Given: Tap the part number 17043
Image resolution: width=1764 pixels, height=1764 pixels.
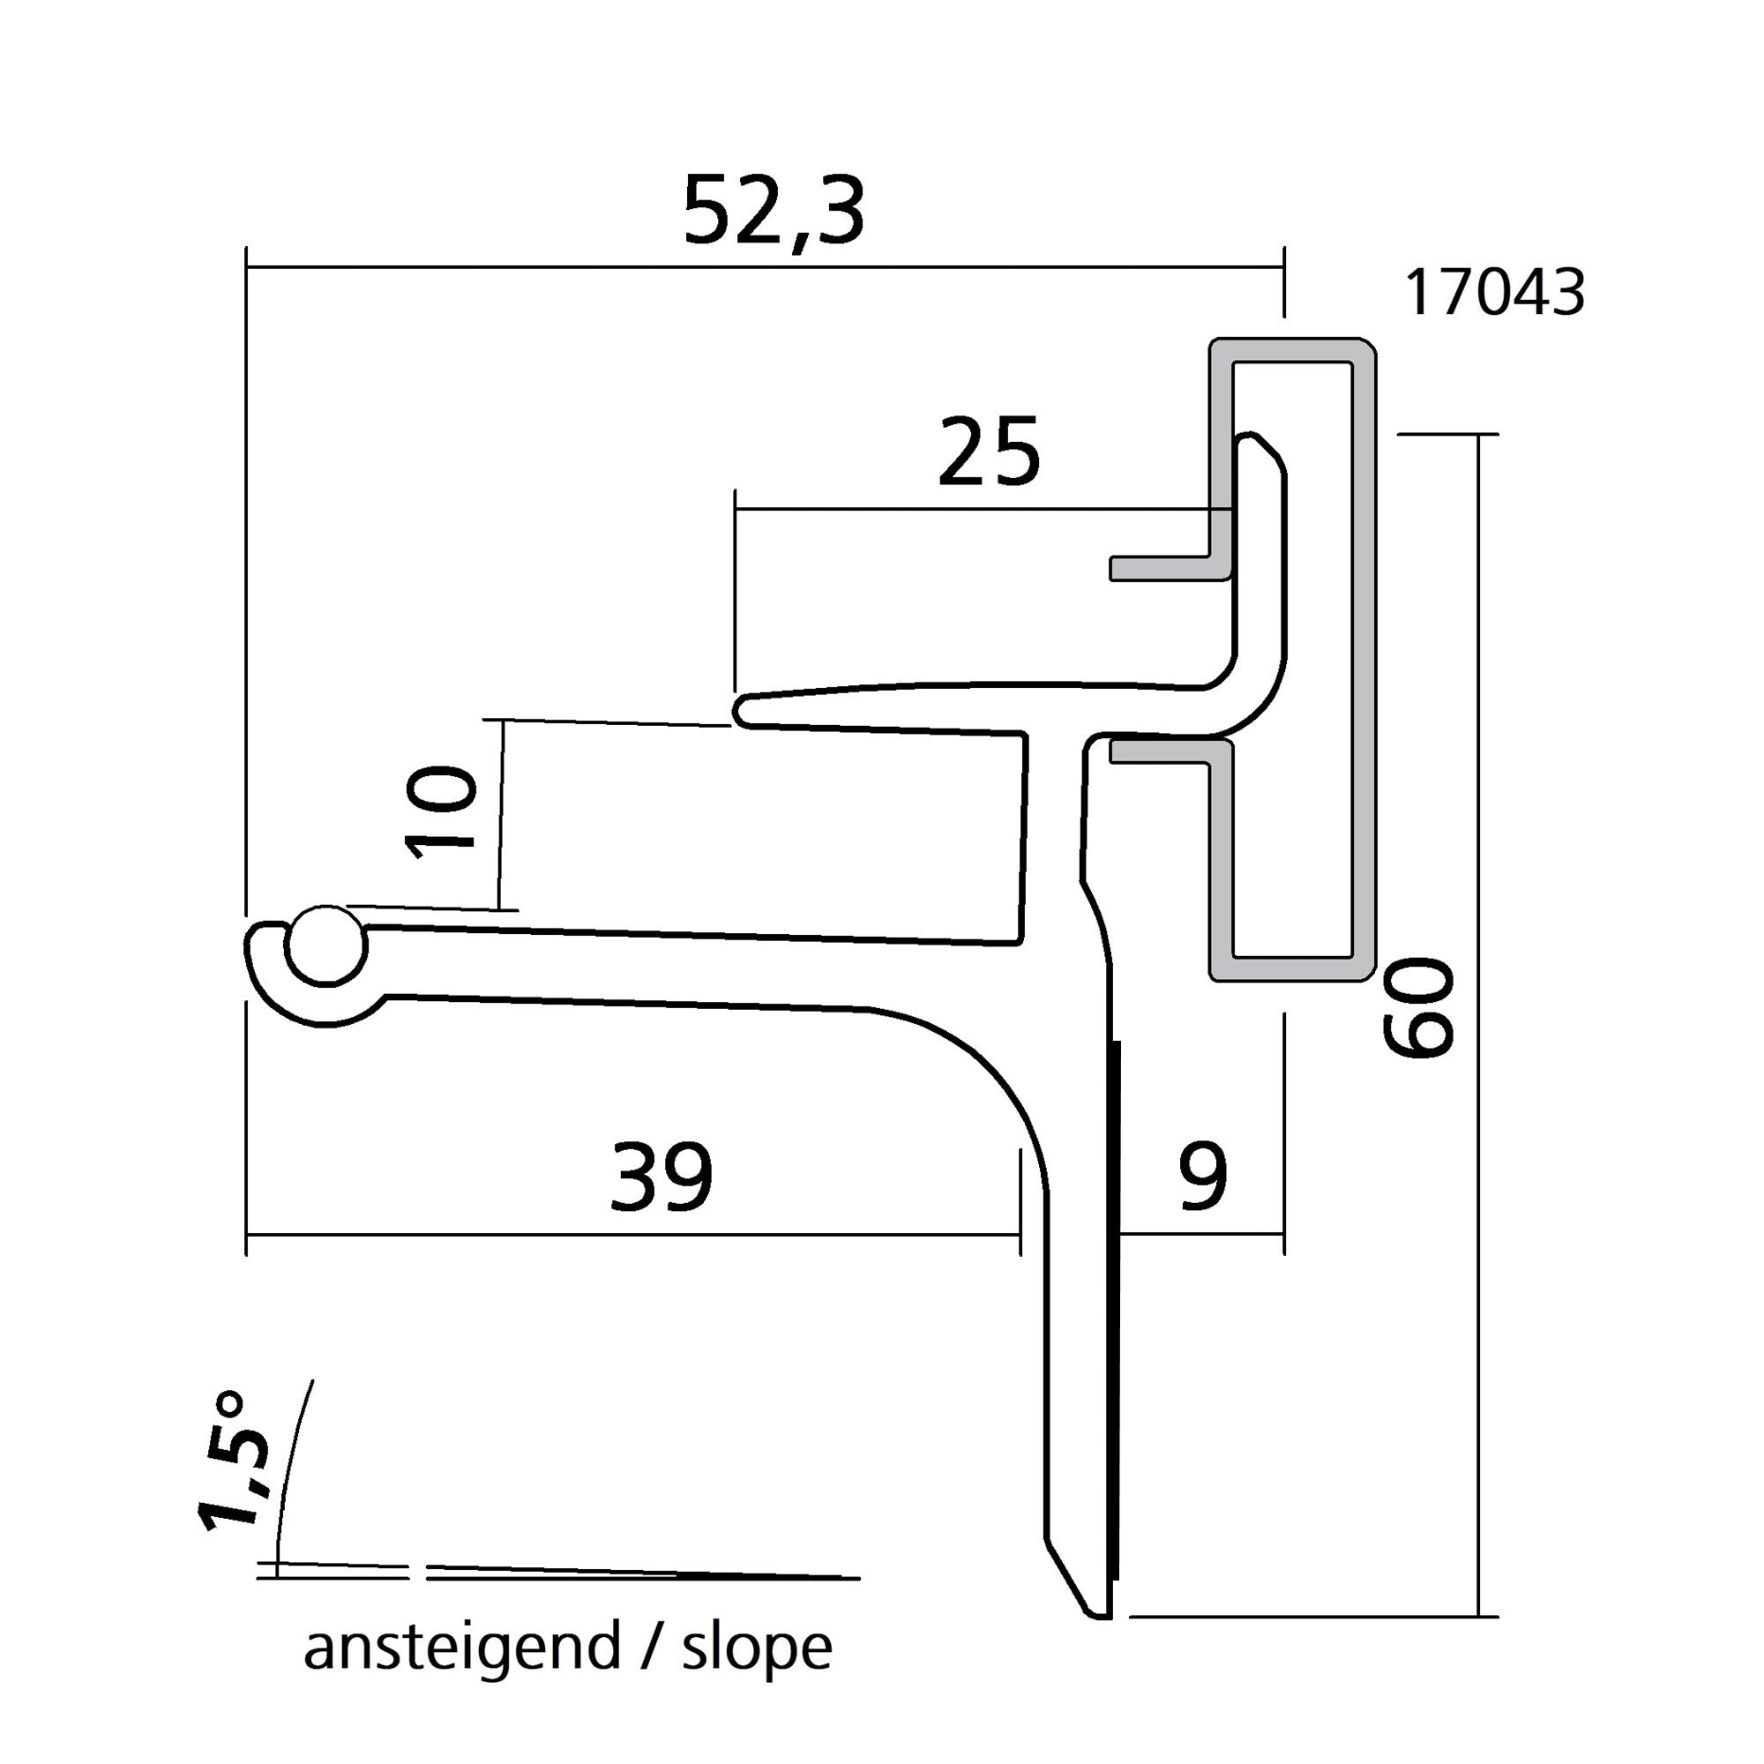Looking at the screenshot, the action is click(x=1494, y=293).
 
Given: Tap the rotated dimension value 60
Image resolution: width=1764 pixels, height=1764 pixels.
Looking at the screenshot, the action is click(x=1418, y=1007).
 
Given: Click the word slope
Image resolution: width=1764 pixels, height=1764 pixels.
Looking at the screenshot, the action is click(x=757, y=1649).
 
